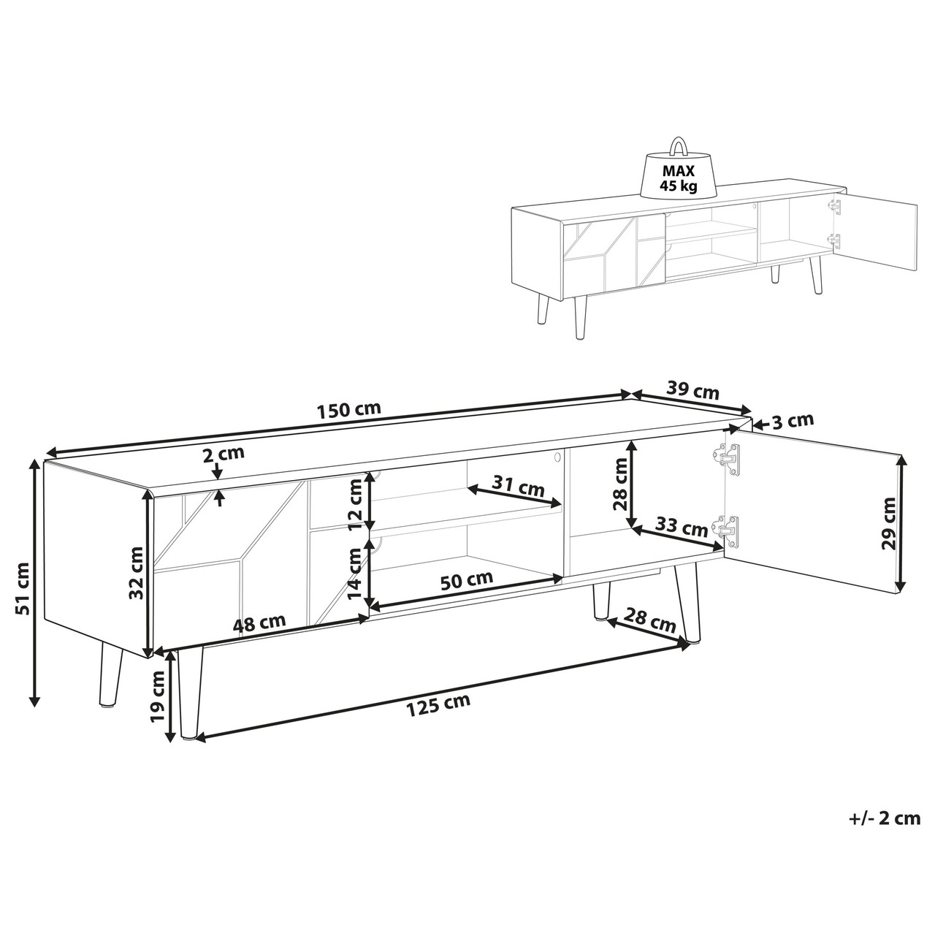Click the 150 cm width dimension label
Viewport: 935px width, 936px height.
(x=348, y=409)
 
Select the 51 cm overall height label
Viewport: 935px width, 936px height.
(x=23, y=589)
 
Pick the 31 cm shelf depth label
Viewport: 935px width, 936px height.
(x=518, y=486)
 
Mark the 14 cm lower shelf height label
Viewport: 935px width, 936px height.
(x=355, y=573)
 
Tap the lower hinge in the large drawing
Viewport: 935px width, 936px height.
(x=727, y=531)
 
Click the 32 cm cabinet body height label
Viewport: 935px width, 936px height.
(x=137, y=573)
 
